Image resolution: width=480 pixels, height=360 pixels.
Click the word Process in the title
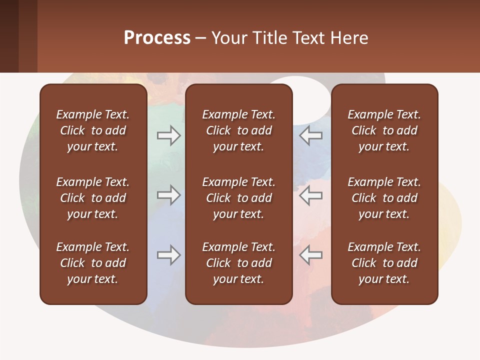tap(157, 38)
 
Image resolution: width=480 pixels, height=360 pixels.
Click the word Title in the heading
tap(271, 38)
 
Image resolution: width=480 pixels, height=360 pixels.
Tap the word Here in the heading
tap(348, 38)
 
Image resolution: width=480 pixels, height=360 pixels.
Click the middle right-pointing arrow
tap(169, 195)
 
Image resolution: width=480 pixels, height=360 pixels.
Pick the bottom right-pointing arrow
tap(169, 255)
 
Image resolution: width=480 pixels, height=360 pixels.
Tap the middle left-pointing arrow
tap(310, 195)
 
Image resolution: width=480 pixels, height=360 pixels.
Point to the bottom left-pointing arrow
tap(310, 255)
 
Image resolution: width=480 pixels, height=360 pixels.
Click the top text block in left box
tap(93, 130)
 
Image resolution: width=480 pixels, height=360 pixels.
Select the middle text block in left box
tap(93, 198)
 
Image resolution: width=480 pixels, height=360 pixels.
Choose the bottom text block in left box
tap(93, 263)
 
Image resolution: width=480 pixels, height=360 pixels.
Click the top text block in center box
tap(238, 130)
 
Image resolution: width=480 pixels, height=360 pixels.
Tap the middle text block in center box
tap(238, 198)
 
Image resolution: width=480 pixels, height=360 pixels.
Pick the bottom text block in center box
tap(238, 263)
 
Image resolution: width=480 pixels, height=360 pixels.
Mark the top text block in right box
tap(384, 130)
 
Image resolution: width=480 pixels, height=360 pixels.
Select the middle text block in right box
tap(384, 198)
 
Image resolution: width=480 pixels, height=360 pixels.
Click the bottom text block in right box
tap(384, 263)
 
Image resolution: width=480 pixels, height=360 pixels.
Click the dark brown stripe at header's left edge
tap(9, 36)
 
